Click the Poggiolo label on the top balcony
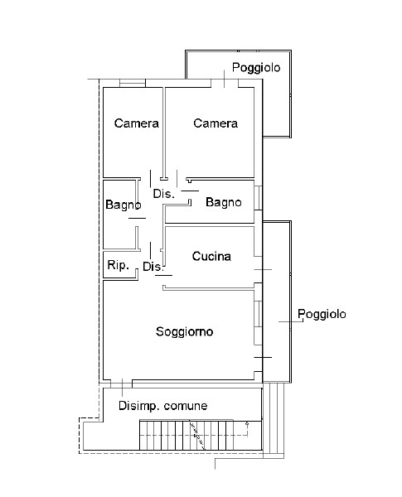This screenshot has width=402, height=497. [x=256, y=67]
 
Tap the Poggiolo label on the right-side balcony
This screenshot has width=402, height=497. [x=322, y=314]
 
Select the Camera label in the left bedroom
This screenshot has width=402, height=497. [x=137, y=123]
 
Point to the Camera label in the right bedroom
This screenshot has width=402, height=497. [x=216, y=123]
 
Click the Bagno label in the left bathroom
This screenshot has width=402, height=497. [x=122, y=205]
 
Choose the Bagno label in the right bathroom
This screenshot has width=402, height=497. [x=224, y=202]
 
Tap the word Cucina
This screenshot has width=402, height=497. [x=211, y=257]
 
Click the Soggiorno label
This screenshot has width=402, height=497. [x=185, y=331]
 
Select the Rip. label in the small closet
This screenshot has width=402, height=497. [x=118, y=266]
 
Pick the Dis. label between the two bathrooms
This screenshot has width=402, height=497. [x=163, y=194]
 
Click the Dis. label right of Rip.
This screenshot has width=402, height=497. [x=153, y=267]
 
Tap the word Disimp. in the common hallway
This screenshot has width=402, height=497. [x=138, y=406]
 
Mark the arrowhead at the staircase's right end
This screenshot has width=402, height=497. [x=248, y=423]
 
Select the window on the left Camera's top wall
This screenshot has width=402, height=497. [x=133, y=83]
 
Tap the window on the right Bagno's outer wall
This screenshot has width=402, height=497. [x=259, y=199]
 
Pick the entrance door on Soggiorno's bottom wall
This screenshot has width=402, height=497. [x=123, y=384]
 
